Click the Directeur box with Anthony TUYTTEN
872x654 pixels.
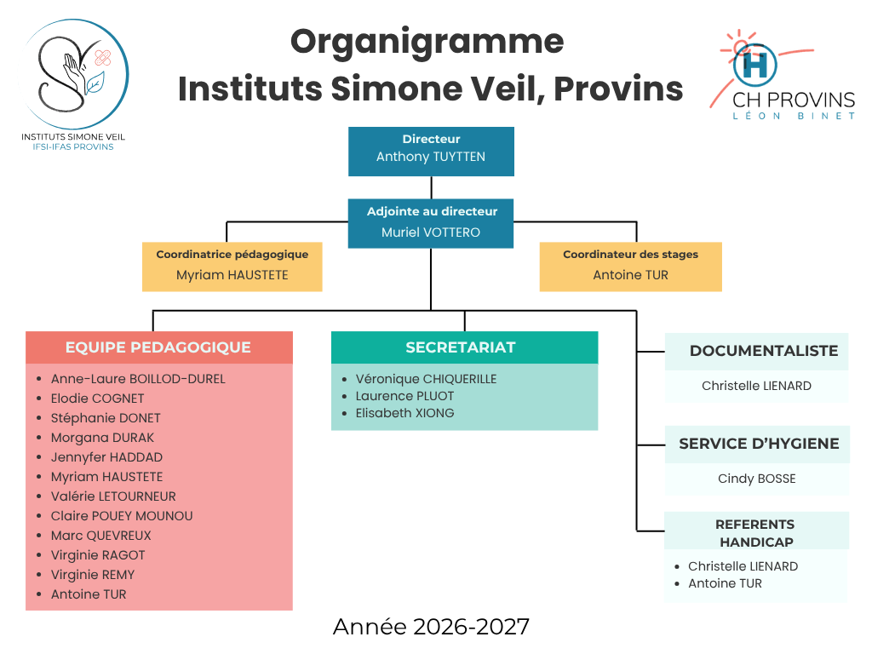coord(431,152)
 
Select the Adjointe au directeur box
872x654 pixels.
coord(431,223)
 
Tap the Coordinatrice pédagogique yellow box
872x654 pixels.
coord(232,267)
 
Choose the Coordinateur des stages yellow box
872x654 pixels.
coord(631,267)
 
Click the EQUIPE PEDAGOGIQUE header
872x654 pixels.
coord(159,347)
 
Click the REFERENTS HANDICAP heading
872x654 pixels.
coord(756,532)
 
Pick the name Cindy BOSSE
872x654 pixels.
coord(756,479)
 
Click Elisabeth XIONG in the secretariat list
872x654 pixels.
coord(404,413)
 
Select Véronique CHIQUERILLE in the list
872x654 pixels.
coord(426,379)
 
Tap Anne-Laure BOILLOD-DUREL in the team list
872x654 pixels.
coord(138,379)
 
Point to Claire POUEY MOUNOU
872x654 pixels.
coord(122,516)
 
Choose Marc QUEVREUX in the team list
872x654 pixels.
coord(101,536)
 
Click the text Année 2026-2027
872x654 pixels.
coord(431,627)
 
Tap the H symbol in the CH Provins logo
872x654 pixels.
coord(754,65)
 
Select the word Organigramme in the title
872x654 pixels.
coord(427,43)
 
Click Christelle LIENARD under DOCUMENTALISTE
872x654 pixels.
coord(756,386)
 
